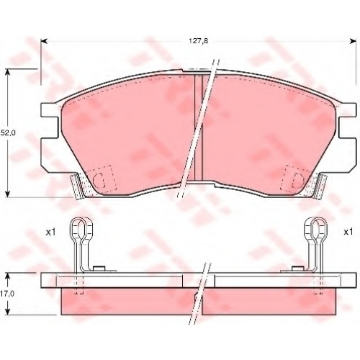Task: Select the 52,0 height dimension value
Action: click(x=8, y=132)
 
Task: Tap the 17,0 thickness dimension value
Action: click(x=8, y=294)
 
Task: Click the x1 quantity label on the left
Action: click(x=51, y=232)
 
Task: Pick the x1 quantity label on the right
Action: click(x=348, y=232)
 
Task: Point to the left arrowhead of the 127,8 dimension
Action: click(x=44, y=41)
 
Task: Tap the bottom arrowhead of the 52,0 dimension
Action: click(x=9, y=194)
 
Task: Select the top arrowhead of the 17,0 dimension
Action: click(x=9, y=276)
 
